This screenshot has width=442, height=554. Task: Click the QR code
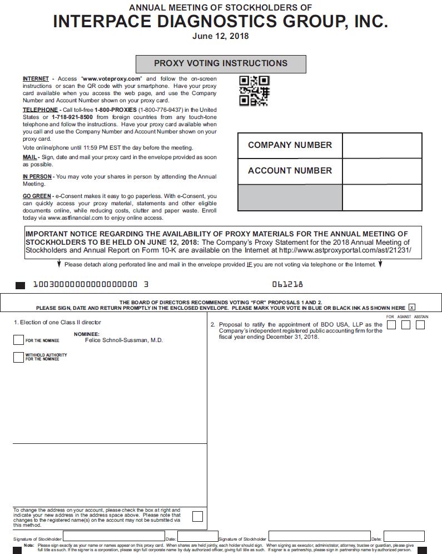(254, 91)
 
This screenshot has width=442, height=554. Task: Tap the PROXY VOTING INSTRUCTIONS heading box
(221, 63)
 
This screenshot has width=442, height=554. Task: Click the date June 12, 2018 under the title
(220, 36)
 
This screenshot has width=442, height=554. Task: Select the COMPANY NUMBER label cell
(290, 145)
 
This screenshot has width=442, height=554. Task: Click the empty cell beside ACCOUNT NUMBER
(382, 171)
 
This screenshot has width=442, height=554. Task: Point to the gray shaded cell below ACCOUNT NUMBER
(290, 197)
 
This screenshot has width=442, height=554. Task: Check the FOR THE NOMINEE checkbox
(18, 340)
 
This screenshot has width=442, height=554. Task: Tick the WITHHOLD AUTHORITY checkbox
(18, 357)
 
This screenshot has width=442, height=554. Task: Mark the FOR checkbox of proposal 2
(391, 324)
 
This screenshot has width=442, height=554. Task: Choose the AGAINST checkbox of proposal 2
(405, 324)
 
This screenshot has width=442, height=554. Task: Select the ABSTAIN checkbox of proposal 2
(420, 324)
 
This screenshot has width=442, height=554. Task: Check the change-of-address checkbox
(197, 516)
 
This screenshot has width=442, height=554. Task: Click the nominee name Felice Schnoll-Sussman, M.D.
(123, 340)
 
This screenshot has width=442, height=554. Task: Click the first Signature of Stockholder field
(114, 537)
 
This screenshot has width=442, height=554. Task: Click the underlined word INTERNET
(36, 79)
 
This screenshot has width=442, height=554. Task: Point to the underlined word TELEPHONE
(40, 110)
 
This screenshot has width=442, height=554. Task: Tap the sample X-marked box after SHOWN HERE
(411, 307)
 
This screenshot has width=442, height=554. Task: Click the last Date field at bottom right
(404, 537)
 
